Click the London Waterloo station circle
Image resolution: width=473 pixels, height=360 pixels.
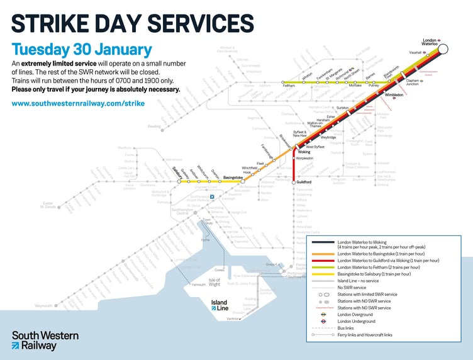(x=443, y=49)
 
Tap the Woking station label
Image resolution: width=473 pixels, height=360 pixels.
(x=304, y=152)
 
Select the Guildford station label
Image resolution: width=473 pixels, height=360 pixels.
(x=304, y=183)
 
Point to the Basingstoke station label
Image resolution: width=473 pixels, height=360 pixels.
(x=233, y=177)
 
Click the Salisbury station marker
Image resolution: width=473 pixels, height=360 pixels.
(x=179, y=182)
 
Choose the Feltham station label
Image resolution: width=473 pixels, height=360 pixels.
(x=289, y=86)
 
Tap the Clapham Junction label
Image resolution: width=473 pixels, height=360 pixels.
(x=413, y=82)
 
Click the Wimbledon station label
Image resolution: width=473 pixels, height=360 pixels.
(x=394, y=95)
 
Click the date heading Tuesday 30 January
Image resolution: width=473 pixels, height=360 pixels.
(x=82, y=50)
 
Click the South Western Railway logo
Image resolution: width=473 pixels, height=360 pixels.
(x=44, y=340)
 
